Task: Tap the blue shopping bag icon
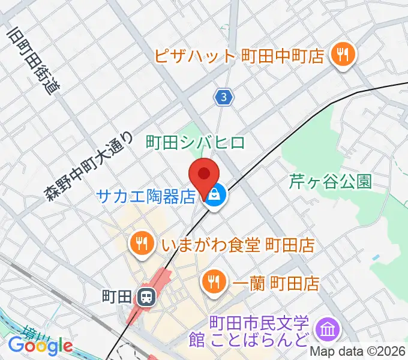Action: [x=215, y=196]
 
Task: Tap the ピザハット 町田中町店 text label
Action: [x=239, y=56]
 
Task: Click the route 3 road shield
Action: [x=224, y=96]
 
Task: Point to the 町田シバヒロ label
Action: [x=196, y=142]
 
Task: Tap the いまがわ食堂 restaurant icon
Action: [x=140, y=243]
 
